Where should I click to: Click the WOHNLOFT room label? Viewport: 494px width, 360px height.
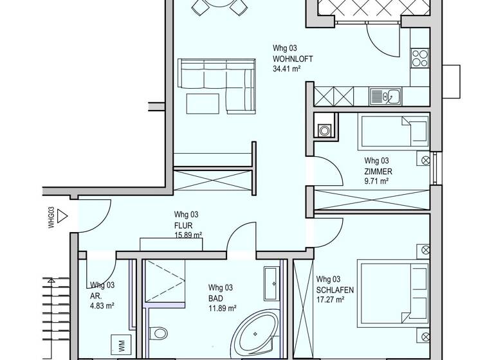point(293,59)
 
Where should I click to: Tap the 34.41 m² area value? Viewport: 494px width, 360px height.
point(288,68)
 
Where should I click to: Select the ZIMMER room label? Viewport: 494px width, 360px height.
point(378,172)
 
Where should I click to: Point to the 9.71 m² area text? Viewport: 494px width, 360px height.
point(376,181)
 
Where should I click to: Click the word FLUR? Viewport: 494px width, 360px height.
point(183,226)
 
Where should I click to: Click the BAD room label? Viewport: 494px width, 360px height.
point(215,298)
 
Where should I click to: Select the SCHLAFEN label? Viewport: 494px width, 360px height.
point(334,290)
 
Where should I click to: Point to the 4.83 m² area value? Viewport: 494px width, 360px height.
point(102,306)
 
